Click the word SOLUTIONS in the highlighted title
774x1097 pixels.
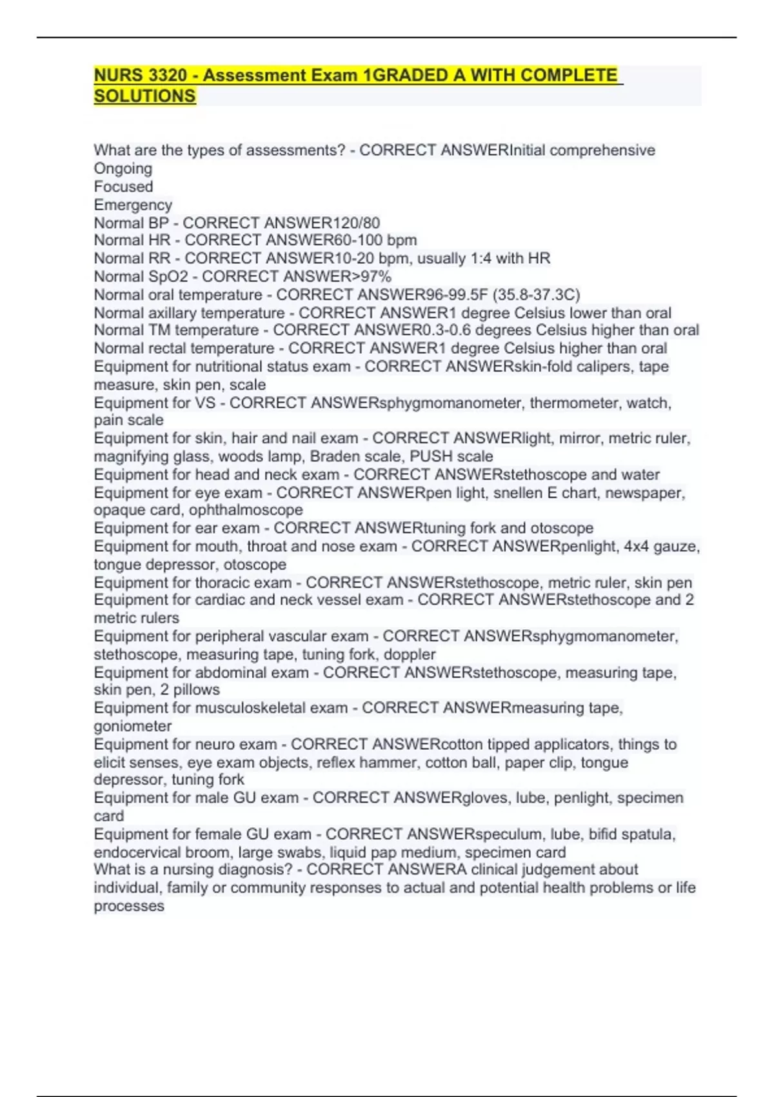144,96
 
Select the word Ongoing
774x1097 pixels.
123,168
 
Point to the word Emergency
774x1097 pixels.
133,205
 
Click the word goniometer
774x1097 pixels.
133,726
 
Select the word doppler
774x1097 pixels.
410,654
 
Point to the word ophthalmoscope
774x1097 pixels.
246,510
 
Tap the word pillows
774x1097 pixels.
196,690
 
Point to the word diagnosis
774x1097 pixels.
254,869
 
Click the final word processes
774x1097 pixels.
129,906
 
